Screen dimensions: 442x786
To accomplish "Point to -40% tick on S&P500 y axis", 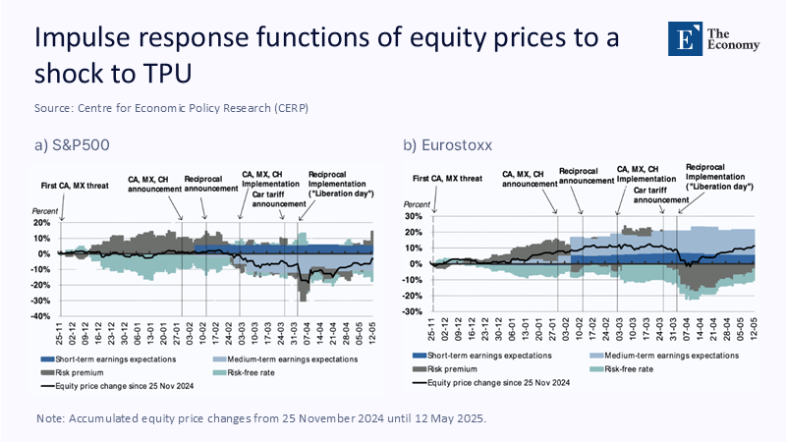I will tap(44, 316).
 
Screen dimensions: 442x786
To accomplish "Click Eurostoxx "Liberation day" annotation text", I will tap(719, 185).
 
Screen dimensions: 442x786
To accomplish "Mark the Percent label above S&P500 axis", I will tap(46, 211).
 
